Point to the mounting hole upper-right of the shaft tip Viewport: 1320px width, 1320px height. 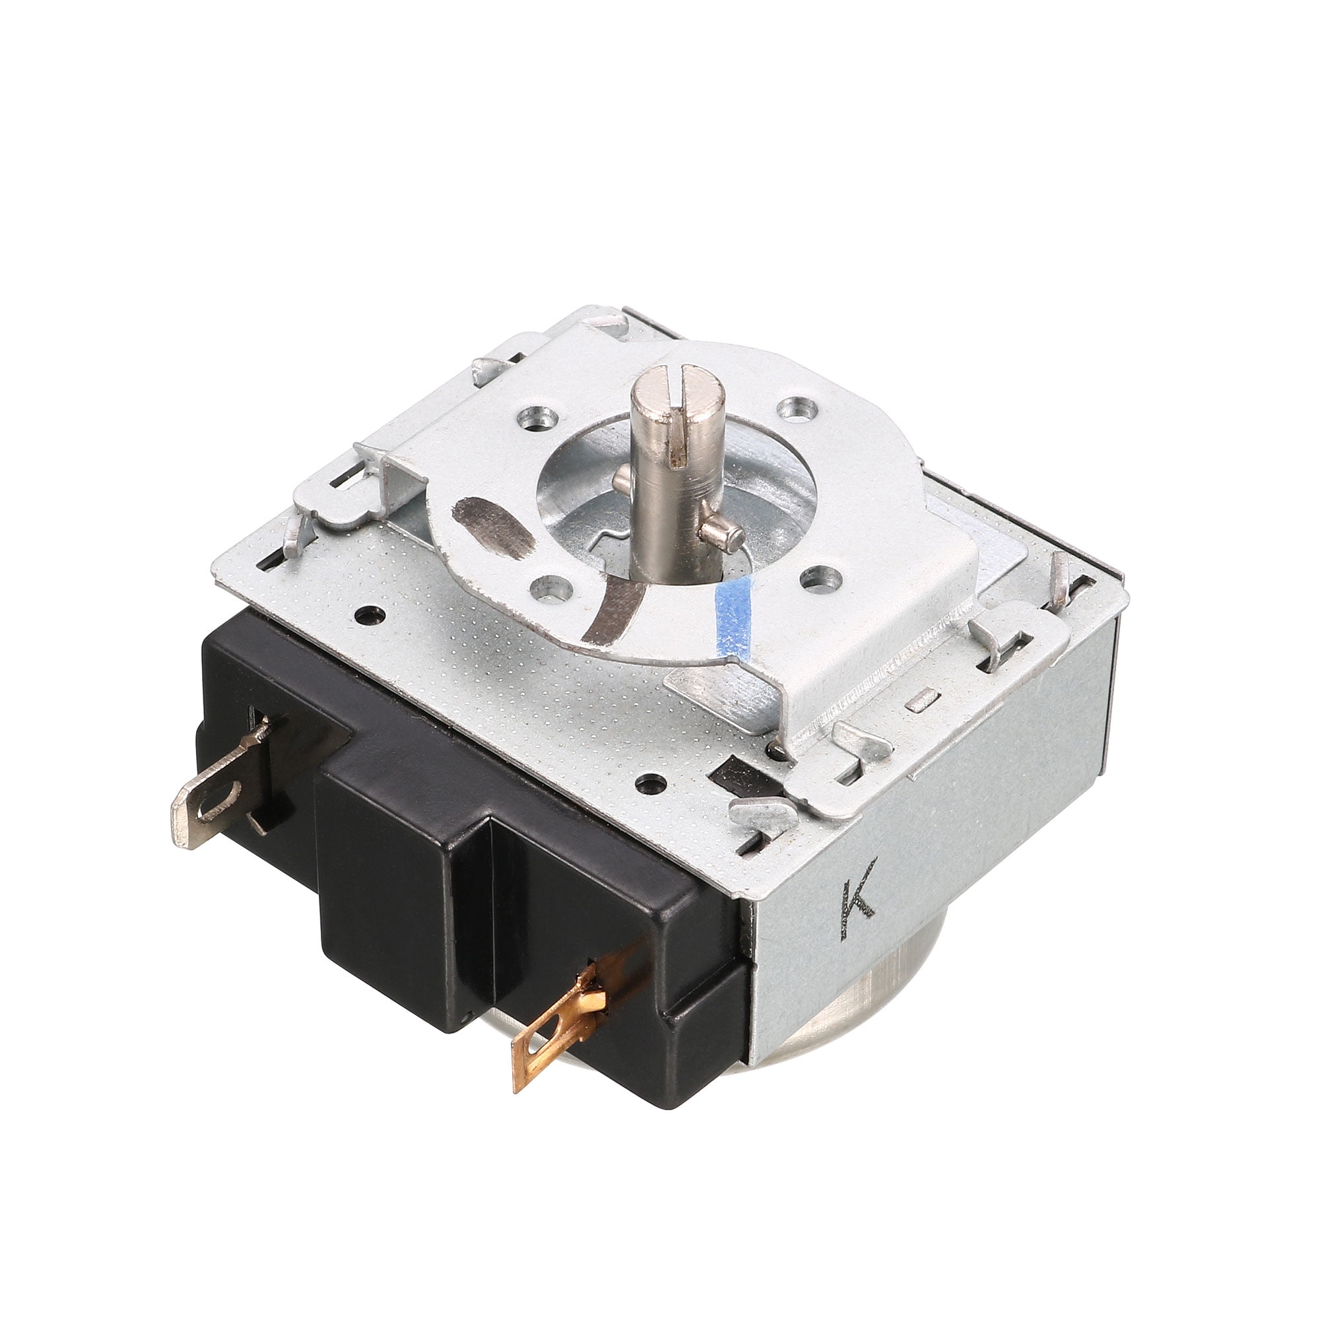tap(795, 409)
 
